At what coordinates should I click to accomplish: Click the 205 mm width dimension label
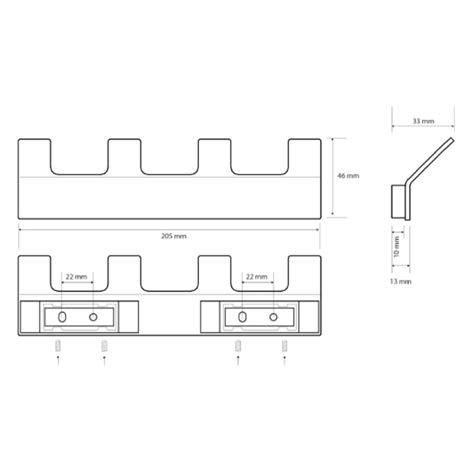pyautogui.click(x=173, y=237)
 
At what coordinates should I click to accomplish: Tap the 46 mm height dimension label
pyautogui.click(x=348, y=175)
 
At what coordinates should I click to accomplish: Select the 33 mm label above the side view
pyautogui.click(x=423, y=122)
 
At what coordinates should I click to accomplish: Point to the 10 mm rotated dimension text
pyautogui.click(x=396, y=247)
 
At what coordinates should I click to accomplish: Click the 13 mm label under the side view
pyautogui.click(x=401, y=282)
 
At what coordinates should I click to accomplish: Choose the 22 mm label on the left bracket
pyautogui.click(x=76, y=277)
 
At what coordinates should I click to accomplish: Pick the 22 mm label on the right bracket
pyautogui.click(x=257, y=277)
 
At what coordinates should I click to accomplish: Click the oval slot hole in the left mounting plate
pyautogui.click(x=62, y=317)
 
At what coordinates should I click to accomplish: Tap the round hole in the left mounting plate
pyautogui.click(x=93, y=317)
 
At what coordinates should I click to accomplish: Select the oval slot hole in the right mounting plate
pyautogui.click(x=242, y=317)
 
